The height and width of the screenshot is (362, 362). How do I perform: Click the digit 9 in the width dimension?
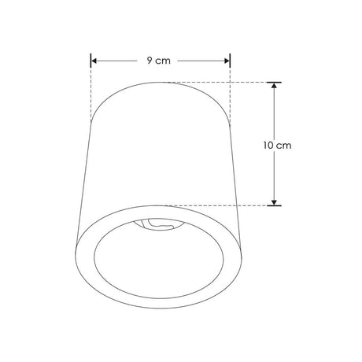pos(150,61)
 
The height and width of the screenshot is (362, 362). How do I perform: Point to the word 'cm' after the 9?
pos(164,61)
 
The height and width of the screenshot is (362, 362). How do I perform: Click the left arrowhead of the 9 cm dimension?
pos(94,61)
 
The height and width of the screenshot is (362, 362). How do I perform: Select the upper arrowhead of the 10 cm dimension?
pos(274,87)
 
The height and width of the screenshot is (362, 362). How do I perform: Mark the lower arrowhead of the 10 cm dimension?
pos(274,201)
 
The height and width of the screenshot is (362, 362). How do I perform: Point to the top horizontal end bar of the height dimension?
pos(274,82)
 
